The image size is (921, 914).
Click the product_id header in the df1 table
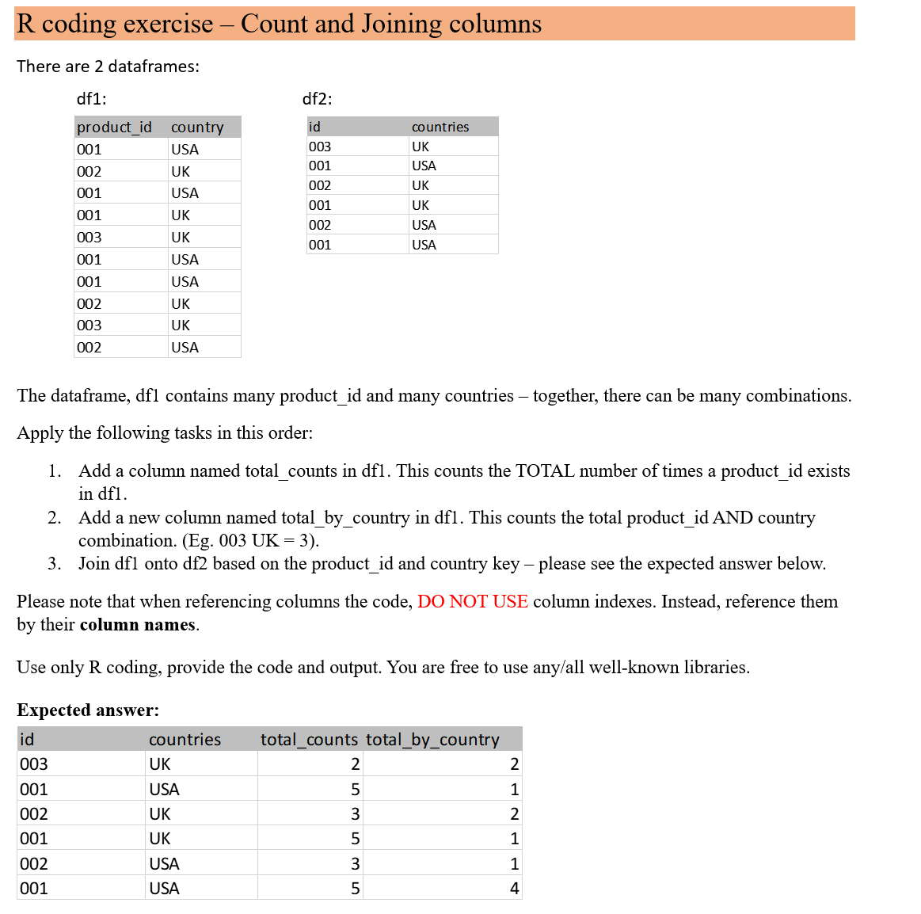pyautogui.click(x=114, y=128)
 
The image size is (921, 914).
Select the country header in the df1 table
pyautogui.click(x=197, y=128)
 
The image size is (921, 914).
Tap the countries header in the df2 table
pyautogui.click(x=440, y=127)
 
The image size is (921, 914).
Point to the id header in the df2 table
pyautogui.click(x=314, y=127)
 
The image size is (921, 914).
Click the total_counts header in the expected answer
pyautogui.click(x=309, y=740)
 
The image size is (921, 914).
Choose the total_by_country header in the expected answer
pyautogui.click(x=432, y=740)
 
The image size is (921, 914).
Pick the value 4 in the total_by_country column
pyautogui.click(x=514, y=889)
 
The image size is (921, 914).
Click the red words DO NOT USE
pyautogui.click(x=472, y=602)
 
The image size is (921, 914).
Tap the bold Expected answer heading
pyautogui.click(x=88, y=710)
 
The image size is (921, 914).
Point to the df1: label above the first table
pyautogui.click(x=91, y=99)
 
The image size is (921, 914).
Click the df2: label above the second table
pyautogui.click(x=317, y=99)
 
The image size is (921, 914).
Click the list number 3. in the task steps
pyautogui.click(x=54, y=564)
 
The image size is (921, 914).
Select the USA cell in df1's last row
pyautogui.click(x=185, y=348)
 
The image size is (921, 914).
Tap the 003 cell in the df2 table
pyautogui.click(x=320, y=147)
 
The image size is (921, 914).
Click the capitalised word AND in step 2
pyautogui.click(x=733, y=518)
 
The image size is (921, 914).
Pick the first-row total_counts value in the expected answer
pyautogui.click(x=355, y=764)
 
